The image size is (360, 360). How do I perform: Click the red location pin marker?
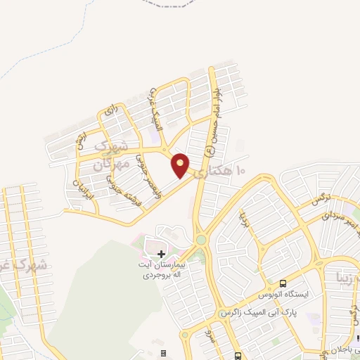(181, 165)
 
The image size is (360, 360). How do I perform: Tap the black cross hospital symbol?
(162, 253)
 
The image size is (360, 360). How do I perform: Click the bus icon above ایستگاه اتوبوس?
(283, 282)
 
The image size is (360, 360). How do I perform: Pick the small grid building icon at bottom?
(164, 353)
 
